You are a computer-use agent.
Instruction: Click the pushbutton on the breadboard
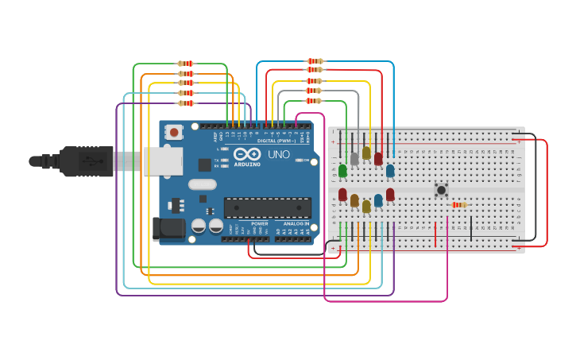tap(441, 189)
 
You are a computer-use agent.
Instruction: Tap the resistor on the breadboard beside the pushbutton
tap(458, 205)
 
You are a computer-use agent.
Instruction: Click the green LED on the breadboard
tap(342, 171)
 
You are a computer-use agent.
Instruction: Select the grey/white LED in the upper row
tap(354, 159)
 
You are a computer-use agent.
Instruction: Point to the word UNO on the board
tap(278, 154)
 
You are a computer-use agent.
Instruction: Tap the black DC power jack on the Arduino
tap(168, 229)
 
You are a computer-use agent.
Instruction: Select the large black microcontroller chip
tap(267, 208)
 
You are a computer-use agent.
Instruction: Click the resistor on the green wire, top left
tap(186, 64)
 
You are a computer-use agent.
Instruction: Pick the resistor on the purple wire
tap(186, 103)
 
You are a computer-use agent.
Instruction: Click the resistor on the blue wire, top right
tap(315, 61)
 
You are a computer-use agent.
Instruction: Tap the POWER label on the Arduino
tap(260, 223)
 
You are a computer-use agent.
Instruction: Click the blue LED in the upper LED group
tap(390, 170)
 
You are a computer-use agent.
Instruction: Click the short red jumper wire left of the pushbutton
tap(435, 234)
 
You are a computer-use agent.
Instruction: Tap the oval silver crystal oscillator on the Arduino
tap(203, 184)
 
